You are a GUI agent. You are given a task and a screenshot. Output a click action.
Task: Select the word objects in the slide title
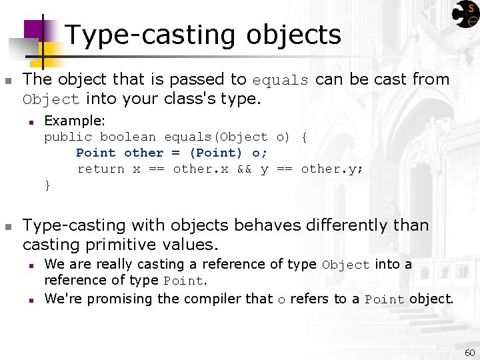[x=293, y=35]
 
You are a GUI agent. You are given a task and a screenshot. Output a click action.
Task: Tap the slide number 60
[x=469, y=351]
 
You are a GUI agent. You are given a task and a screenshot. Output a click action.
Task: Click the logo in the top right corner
[x=465, y=14]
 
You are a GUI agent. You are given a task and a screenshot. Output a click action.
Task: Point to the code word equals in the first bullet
[x=280, y=80]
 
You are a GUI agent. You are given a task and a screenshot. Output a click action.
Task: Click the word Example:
[x=75, y=121]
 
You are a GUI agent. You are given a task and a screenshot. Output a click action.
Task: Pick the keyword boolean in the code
[x=128, y=137]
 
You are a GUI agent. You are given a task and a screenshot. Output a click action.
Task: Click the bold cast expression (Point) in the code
[x=216, y=153]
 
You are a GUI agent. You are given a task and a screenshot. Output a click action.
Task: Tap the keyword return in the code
[x=101, y=169]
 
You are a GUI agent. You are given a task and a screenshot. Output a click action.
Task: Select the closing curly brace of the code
[x=47, y=185]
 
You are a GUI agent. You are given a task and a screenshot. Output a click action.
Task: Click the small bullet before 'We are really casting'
[x=31, y=265]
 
